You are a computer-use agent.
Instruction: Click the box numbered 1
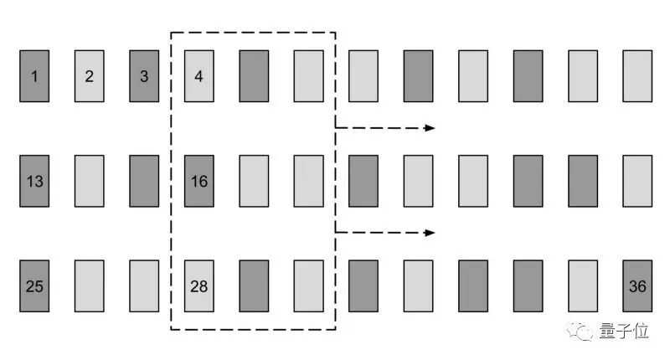click(34, 76)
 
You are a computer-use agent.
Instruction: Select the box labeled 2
click(90, 76)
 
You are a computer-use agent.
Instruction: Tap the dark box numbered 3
click(144, 76)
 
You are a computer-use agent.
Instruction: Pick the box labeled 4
click(199, 76)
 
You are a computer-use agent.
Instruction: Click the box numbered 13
click(34, 181)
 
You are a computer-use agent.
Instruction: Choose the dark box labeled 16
click(199, 181)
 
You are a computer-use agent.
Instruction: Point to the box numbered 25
click(34, 285)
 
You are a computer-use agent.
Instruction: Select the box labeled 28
click(199, 285)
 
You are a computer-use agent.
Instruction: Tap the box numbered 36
click(637, 285)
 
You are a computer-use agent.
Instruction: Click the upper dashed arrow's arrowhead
click(430, 128)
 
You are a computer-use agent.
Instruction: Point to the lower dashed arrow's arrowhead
click(430, 233)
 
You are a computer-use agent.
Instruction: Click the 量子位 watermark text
click(624, 332)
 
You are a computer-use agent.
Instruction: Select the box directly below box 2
click(90, 181)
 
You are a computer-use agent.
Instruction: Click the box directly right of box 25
click(90, 285)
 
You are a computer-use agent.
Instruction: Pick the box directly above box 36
click(637, 181)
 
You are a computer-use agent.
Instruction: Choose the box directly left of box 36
click(583, 285)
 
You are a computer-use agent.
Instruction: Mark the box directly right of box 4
click(254, 76)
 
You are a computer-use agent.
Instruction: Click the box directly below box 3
click(144, 181)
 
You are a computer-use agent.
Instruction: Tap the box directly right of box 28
click(254, 285)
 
